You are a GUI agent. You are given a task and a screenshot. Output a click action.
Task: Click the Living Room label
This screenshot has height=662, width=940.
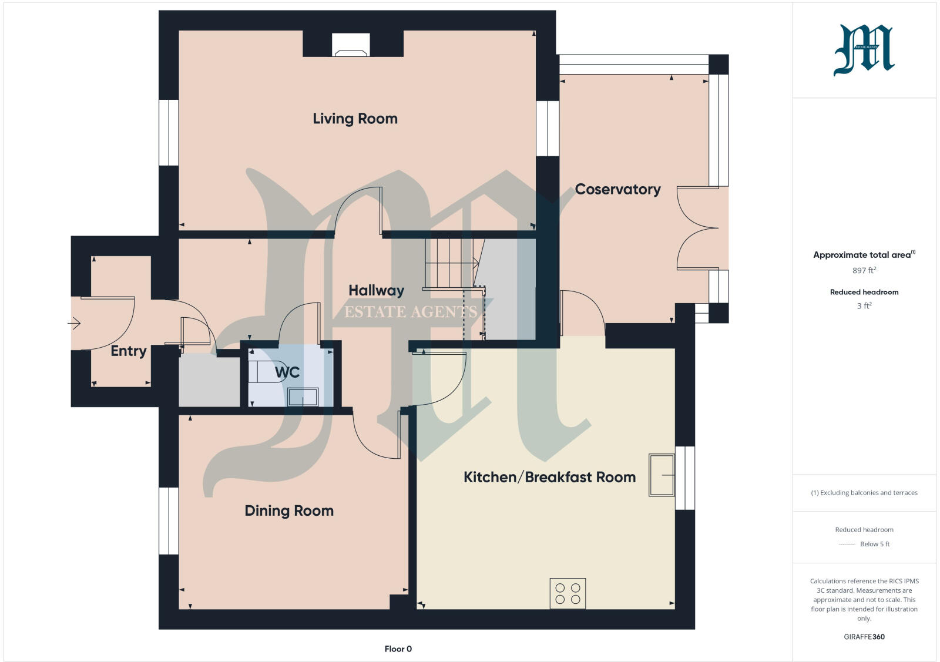pyautogui.click(x=355, y=119)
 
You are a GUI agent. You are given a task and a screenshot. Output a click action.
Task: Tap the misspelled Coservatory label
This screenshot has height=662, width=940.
pyautogui.click(x=617, y=189)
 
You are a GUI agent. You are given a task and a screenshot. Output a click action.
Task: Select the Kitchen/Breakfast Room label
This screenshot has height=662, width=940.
pyautogui.click(x=549, y=477)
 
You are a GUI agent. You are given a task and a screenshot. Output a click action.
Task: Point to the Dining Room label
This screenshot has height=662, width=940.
pyautogui.click(x=289, y=510)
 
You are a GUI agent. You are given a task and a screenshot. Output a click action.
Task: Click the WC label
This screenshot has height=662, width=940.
pyautogui.click(x=287, y=372)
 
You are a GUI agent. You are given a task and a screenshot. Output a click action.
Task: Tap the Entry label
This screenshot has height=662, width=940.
pyautogui.click(x=129, y=351)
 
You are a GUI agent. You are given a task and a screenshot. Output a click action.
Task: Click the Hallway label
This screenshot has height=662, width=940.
pyautogui.click(x=376, y=290)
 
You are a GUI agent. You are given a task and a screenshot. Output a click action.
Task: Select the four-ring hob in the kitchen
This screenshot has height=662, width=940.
pyautogui.click(x=568, y=593)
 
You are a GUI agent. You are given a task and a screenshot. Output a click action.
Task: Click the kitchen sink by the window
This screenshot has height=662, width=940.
pyautogui.click(x=662, y=475)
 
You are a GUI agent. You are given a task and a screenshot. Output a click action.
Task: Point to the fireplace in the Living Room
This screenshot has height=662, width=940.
pyautogui.click(x=351, y=45)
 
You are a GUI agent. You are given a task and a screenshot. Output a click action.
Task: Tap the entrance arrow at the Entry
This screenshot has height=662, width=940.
pyautogui.click(x=74, y=323)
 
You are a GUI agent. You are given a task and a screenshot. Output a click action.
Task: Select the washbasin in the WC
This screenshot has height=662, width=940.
pyautogui.click(x=303, y=397)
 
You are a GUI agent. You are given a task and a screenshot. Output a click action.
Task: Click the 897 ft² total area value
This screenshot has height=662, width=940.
pyautogui.click(x=864, y=270)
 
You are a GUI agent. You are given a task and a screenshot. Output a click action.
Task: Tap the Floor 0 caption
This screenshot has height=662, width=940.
pyautogui.click(x=398, y=649)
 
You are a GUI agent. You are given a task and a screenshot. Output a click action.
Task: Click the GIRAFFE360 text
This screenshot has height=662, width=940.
pyautogui.click(x=864, y=637)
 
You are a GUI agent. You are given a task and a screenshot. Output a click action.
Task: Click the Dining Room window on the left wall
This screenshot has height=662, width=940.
pyautogui.click(x=169, y=520)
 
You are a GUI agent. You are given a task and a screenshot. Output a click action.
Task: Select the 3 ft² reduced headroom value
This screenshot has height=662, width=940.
pyautogui.click(x=864, y=305)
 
